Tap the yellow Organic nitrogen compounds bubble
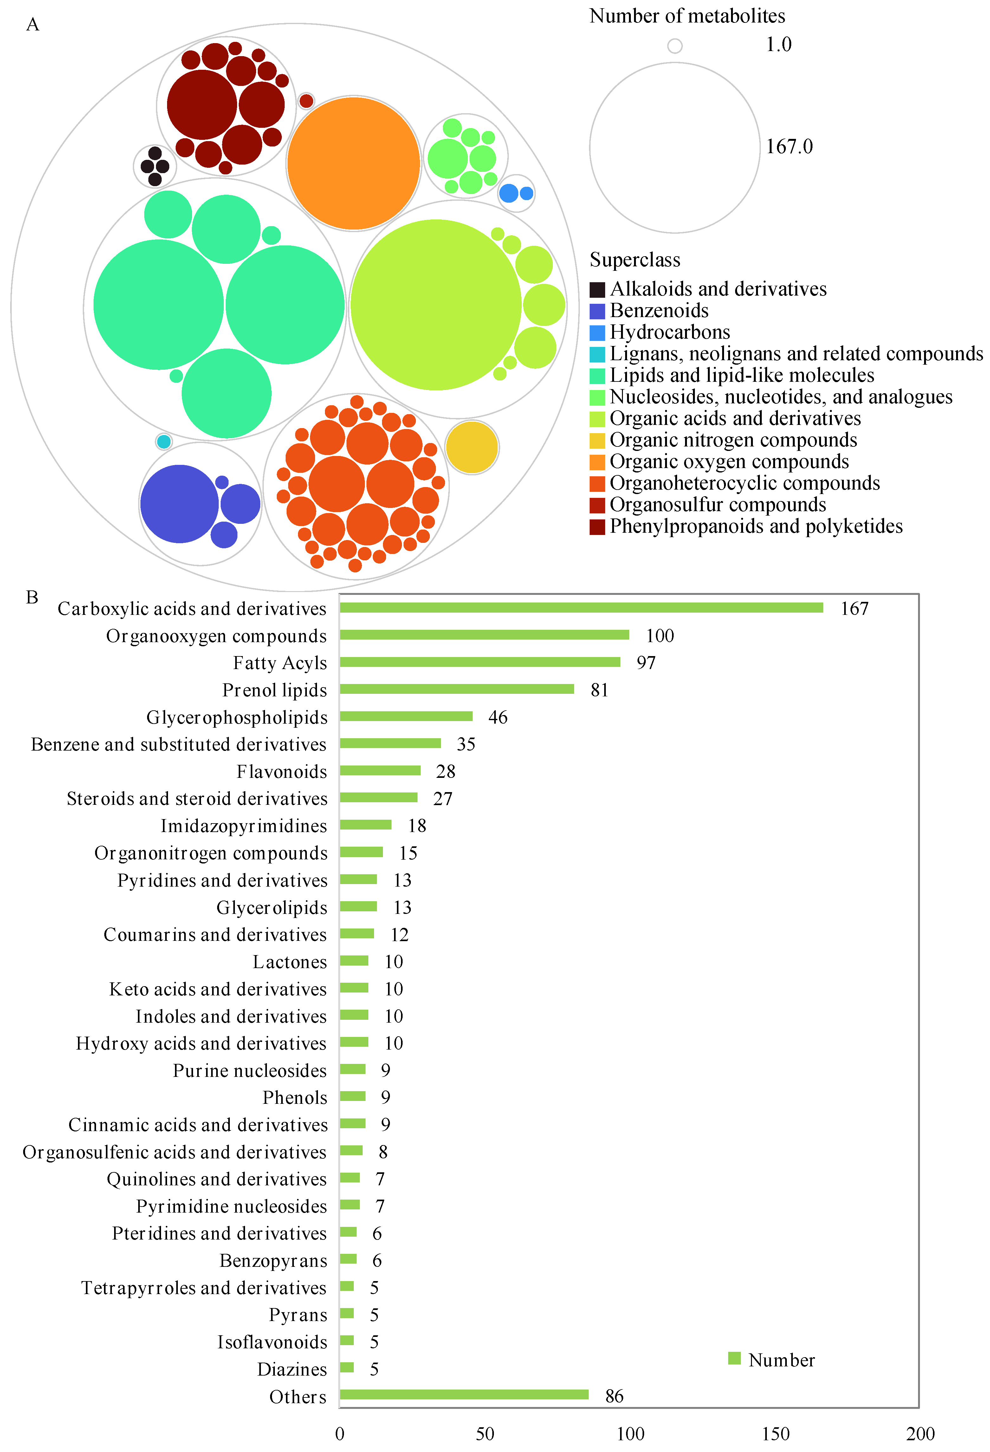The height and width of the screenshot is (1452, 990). [x=472, y=447]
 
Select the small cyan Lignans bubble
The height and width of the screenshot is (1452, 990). [x=164, y=442]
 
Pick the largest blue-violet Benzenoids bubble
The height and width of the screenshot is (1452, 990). [x=180, y=504]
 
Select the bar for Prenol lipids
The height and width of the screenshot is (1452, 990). [x=456, y=689]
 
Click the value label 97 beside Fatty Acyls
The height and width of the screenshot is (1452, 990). [x=646, y=663]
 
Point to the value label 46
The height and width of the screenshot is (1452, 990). [x=498, y=717]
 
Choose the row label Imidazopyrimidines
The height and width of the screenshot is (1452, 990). [x=243, y=826]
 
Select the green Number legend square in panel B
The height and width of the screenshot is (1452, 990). [x=734, y=1358]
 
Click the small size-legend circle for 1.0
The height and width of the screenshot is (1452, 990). [x=675, y=46]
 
